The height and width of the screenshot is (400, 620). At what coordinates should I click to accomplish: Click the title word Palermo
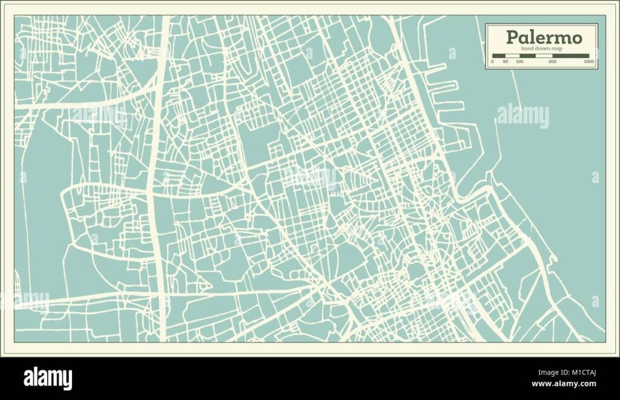coord(544,38)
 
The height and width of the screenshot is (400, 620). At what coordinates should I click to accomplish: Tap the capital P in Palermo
coord(512,38)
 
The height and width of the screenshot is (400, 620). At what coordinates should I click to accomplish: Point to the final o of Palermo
coord(578,38)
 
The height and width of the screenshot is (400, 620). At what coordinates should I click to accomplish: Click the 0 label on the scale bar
coord(492,62)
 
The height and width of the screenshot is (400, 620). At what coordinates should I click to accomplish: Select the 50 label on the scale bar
coord(505,62)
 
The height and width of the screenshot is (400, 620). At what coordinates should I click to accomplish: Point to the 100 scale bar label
coord(519,62)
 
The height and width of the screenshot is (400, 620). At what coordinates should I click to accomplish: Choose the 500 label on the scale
coord(552,62)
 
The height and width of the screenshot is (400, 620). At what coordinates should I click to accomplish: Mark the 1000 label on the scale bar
coord(588,62)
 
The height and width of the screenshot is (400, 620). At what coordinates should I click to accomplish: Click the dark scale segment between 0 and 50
coord(498,56)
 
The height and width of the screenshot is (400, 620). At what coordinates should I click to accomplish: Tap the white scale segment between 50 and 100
coord(512,56)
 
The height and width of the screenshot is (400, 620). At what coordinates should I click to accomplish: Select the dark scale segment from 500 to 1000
coord(572,56)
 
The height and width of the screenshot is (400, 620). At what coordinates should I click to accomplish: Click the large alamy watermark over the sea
coord(523,116)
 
